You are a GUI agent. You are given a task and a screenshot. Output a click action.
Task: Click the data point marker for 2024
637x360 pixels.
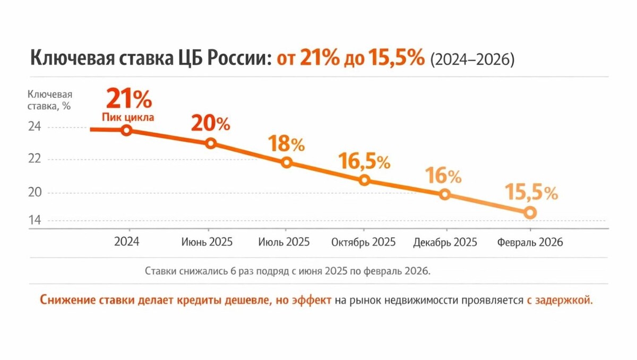126,130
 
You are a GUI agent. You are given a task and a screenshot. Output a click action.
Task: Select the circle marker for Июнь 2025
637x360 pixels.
211,143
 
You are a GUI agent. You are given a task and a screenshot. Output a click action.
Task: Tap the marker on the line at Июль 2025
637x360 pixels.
287,162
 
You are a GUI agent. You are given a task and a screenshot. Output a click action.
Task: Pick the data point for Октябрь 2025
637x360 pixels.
364,180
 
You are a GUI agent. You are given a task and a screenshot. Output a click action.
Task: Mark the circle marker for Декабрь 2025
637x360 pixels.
445,194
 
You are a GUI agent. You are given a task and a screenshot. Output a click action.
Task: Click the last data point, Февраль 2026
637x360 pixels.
529,212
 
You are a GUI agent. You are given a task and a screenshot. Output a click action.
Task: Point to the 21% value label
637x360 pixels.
129,99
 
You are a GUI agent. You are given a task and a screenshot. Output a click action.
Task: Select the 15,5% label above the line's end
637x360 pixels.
531,192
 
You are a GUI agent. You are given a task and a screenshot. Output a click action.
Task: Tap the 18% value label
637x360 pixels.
286,143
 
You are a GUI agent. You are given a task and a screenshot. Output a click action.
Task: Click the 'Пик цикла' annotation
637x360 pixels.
128,117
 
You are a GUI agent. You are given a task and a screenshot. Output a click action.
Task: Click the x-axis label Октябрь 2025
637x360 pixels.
364,242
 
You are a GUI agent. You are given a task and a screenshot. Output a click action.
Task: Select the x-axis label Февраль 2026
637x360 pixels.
530,242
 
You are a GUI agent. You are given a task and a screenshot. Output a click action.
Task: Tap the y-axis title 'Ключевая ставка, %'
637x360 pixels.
49,100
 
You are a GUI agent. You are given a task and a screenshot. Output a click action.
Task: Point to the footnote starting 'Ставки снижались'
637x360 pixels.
287,271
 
